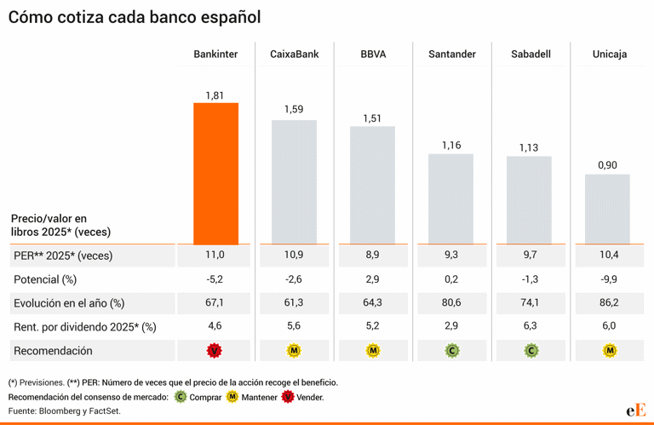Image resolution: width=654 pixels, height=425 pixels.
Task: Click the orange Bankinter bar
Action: click(215, 173)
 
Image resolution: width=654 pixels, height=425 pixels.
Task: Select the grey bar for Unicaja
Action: click(607, 209)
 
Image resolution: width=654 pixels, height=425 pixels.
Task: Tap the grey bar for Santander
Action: click(450, 198)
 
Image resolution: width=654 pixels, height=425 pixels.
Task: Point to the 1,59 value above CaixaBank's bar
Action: click(294, 109)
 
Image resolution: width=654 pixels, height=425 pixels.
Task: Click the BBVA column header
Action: click(373, 55)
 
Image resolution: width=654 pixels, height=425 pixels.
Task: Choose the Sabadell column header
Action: click(531, 55)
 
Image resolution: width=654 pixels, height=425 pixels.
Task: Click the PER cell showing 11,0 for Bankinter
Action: click(215, 256)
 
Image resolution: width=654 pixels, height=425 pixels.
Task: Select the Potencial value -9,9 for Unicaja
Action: click(607, 279)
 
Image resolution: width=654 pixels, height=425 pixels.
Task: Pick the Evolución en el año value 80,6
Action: click(450, 303)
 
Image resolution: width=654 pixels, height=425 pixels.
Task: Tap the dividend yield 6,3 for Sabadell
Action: click(529, 326)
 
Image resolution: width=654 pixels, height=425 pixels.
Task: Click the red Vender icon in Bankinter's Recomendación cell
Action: click(215, 350)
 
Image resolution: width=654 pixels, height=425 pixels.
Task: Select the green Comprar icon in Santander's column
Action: click(451, 350)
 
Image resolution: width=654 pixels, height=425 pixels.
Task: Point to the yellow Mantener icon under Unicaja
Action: click(607, 350)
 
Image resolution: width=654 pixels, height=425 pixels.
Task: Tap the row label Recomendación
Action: click(53, 350)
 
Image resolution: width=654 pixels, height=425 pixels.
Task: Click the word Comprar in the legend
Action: click(205, 397)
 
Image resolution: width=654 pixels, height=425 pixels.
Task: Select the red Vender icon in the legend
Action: click(288, 397)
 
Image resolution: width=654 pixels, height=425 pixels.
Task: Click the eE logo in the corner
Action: click(635, 410)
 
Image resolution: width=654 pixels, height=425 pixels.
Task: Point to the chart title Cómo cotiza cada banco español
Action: click(135, 17)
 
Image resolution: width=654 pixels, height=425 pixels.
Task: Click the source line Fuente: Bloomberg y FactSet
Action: click(66, 411)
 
